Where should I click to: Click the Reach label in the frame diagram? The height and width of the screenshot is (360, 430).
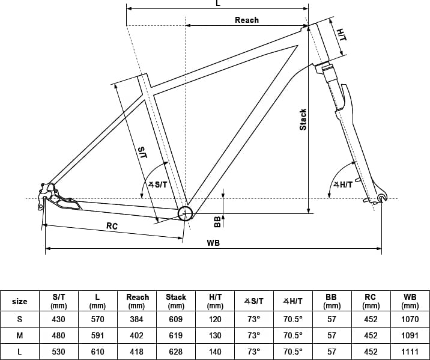click(x=247, y=20)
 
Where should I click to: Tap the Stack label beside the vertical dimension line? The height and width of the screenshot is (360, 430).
click(x=303, y=120)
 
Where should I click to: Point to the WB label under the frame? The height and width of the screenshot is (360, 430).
click(x=213, y=243)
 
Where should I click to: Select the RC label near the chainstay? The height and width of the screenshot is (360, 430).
click(x=112, y=226)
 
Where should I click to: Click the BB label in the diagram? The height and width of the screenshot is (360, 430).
click(x=217, y=222)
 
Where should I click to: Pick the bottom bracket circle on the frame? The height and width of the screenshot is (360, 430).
click(x=186, y=213)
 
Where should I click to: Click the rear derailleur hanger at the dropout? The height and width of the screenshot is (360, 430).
click(x=41, y=204)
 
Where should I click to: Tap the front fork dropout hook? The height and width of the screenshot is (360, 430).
click(x=382, y=198)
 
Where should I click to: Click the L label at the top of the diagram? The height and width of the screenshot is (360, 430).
click(x=218, y=3)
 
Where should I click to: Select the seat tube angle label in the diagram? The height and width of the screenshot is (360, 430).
click(x=158, y=185)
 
